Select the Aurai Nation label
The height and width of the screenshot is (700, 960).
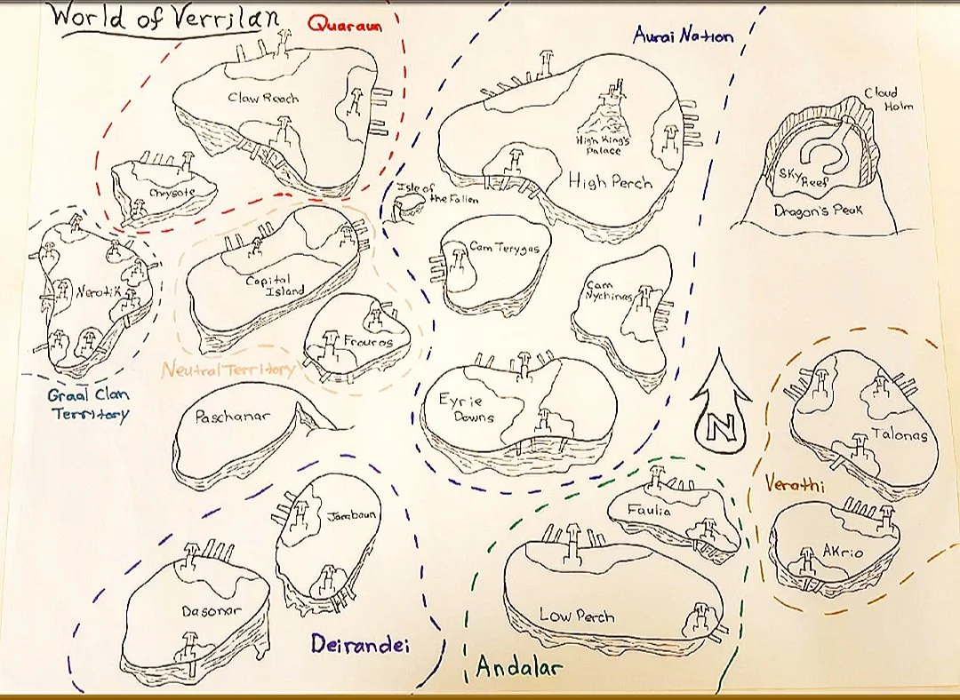(x=684, y=36)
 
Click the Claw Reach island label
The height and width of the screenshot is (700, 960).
(x=263, y=98)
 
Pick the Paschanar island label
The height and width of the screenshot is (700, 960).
(x=232, y=416)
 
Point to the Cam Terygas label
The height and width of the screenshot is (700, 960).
(x=504, y=248)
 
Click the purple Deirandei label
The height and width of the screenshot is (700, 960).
(x=360, y=646)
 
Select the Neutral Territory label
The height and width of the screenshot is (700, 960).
(x=228, y=370)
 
